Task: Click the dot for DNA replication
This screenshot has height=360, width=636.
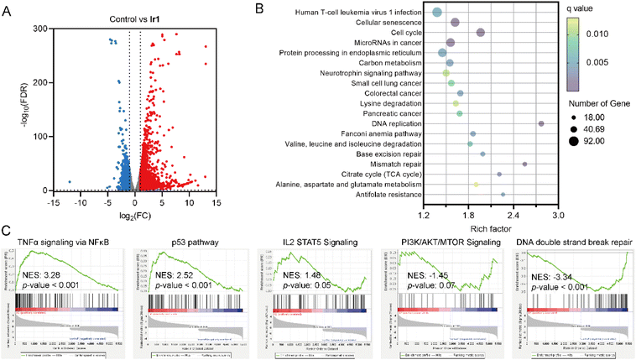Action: pyautogui.click(x=541, y=123)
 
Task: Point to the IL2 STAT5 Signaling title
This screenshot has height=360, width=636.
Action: pyautogui.click(x=318, y=242)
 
